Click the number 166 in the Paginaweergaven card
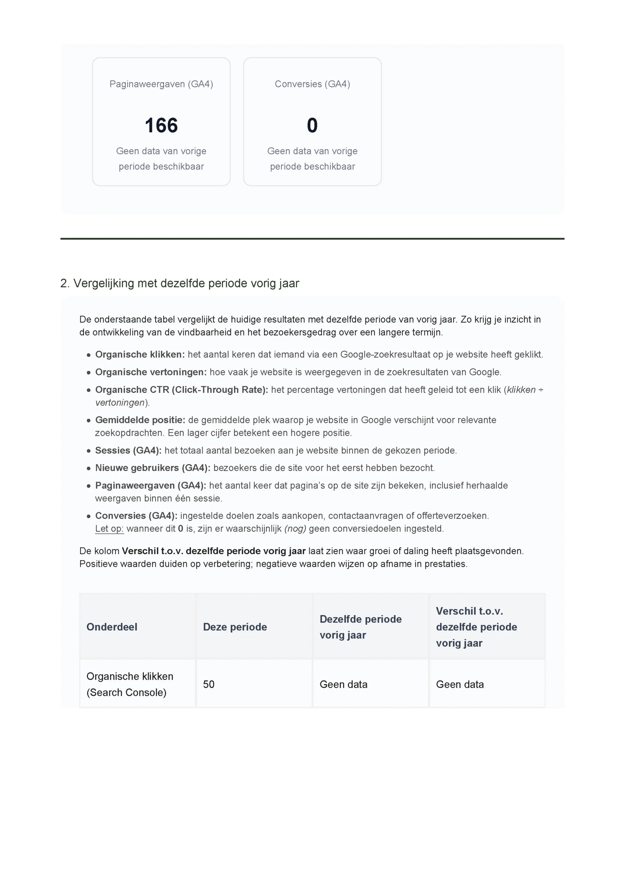click(x=161, y=125)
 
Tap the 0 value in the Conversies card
click(x=312, y=125)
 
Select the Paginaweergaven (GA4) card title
click(x=161, y=84)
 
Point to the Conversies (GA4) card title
click(x=312, y=84)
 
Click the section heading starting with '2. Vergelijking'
click(x=179, y=284)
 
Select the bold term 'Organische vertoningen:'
click(x=151, y=372)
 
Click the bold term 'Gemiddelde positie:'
click(x=140, y=420)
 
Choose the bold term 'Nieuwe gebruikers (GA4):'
click(x=153, y=468)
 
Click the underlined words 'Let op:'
click(x=109, y=529)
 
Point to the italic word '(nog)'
click(x=295, y=529)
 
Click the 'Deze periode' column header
click(x=235, y=627)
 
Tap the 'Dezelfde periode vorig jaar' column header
click(x=360, y=627)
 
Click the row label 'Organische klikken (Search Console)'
click(x=130, y=684)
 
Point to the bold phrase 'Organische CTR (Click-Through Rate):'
click(x=182, y=390)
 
